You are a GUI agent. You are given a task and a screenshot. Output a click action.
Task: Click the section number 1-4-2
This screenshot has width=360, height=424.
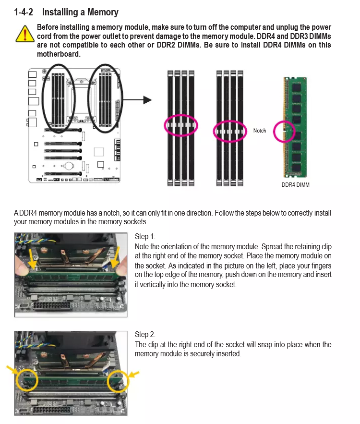tap(24, 12)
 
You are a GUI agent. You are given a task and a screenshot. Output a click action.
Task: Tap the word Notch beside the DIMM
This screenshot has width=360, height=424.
tap(260, 131)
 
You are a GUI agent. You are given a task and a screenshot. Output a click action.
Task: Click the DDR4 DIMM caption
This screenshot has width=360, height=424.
tap(295, 185)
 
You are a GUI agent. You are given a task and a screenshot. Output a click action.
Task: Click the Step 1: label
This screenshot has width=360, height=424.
tap(145, 236)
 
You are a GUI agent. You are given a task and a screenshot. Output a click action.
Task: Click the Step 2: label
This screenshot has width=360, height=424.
tap(145, 334)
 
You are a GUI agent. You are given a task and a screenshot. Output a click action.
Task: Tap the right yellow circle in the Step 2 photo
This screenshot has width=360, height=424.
tap(118, 381)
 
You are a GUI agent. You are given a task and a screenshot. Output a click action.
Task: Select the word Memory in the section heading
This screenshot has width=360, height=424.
tap(103, 12)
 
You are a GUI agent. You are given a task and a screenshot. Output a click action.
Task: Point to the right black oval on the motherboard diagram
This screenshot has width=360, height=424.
tap(106, 98)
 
